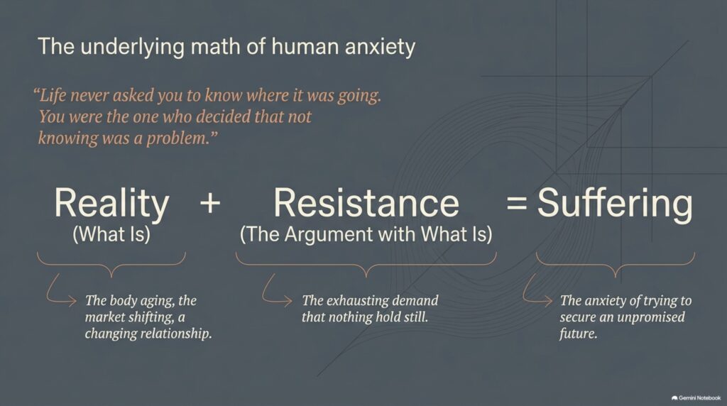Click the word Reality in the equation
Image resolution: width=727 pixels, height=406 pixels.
click(x=111, y=204)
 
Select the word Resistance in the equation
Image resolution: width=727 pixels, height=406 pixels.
click(x=366, y=202)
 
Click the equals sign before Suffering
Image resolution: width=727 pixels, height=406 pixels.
click(x=517, y=203)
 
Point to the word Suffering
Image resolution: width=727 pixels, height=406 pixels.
click(x=615, y=204)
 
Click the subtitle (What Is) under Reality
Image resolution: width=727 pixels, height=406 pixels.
click(x=111, y=234)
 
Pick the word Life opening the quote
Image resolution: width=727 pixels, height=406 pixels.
click(x=51, y=96)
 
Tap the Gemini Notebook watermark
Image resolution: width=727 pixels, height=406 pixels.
click(x=696, y=398)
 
